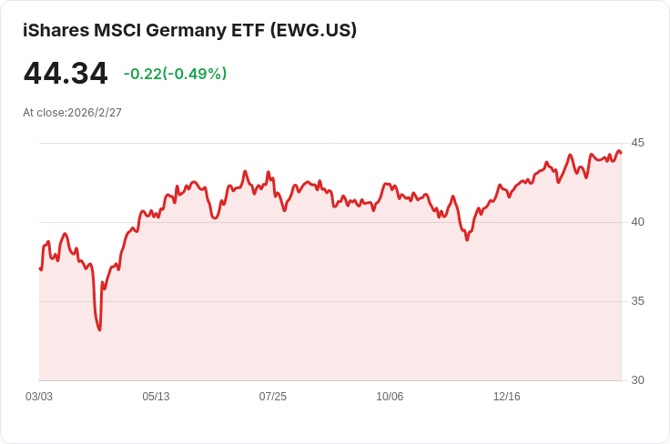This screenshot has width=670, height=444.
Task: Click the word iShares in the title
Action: tap(56, 30)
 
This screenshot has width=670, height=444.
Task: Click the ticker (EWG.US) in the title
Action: tap(313, 30)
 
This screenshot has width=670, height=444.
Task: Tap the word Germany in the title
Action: tap(186, 31)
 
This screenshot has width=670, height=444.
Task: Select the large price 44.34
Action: tap(66, 74)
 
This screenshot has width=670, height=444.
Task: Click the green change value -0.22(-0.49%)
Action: tap(175, 74)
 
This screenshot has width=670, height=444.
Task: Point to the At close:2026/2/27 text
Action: tap(72, 113)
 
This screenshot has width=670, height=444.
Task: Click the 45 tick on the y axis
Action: tap(637, 143)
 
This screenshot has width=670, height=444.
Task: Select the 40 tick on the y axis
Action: tap(637, 222)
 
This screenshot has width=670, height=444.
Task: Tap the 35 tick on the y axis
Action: tap(637, 301)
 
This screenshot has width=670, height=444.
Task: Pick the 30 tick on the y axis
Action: tap(637, 380)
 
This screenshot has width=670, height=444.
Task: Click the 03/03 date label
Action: tap(39, 397)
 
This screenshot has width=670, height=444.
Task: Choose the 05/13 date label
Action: tap(156, 397)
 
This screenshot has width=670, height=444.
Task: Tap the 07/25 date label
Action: tap(272, 397)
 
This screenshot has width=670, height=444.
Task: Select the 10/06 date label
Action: tap(390, 397)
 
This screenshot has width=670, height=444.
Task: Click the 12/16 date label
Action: tap(507, 397)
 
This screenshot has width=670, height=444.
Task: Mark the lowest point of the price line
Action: tap(99, 330)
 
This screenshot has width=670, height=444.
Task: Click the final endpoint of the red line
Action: tap(621, 153)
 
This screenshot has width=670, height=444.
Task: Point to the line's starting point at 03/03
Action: tap(40, 268)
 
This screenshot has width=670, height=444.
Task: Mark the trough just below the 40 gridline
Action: tap(467, 240)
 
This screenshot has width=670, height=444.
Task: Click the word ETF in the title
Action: tap(248, 30)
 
